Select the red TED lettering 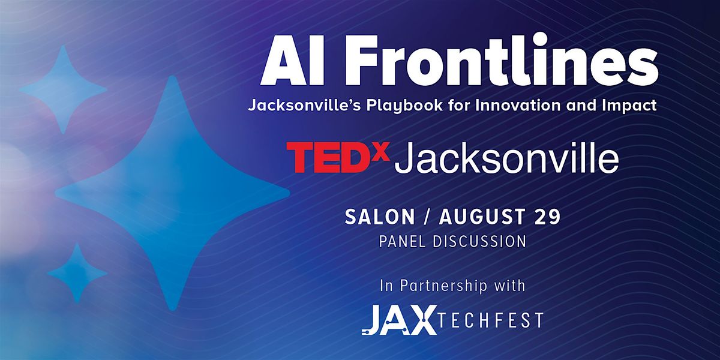click(330, 157)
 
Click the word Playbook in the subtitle click(405, 106)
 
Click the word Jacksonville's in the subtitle click(305, 105)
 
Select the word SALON click(380, 217)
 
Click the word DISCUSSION click(479, 242)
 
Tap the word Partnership click(443, 286)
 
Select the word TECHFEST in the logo click(490, 320)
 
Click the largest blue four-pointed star click(173, 193)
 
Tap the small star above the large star click(63, 89)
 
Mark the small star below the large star click(77, 273)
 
